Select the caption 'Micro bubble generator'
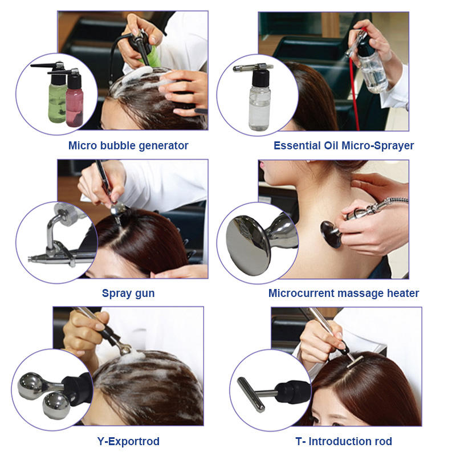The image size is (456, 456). pyautogui.click(x=128, y=146)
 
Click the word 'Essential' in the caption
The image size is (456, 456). pyautogui.click(x=297, y=145)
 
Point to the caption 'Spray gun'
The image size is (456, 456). pyautogui.click(x=128, y=294)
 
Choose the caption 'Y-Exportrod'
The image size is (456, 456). pyautogui.click(x=128, y=441)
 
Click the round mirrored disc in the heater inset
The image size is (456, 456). pyautogui.click(x=248, y=246)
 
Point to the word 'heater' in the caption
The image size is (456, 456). pyautogui.click(x=403, y=293)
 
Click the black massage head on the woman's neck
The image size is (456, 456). pyautogui.click(x=331, y=234)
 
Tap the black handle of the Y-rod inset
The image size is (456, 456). pyautogui.click(x=76, y=388)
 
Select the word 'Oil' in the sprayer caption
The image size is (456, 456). pyautogui.click(x=331, y=145)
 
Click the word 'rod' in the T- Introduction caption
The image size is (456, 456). pyautogui.click(x=383, y=441)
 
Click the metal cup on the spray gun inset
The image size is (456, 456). pyautogui.click(x=66, y=214)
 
